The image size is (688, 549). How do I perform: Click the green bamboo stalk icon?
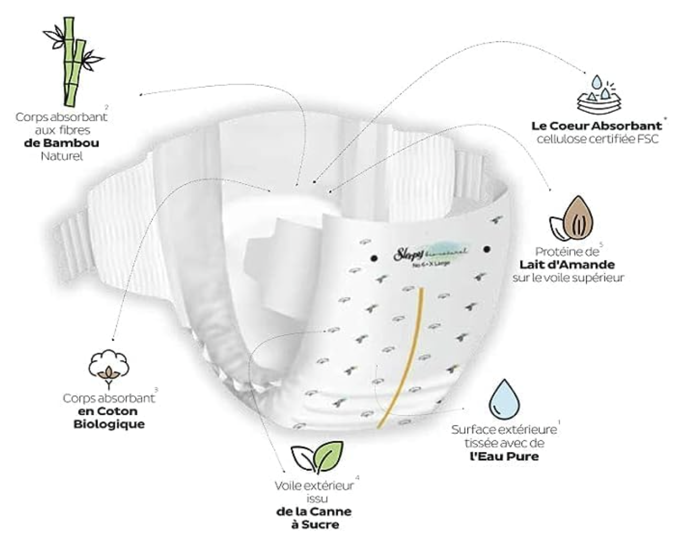[72, 61]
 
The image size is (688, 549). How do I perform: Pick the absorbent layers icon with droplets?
[598, 96]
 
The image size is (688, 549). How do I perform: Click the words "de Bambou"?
[61, 143]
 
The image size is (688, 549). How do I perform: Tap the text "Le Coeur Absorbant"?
[597, 126]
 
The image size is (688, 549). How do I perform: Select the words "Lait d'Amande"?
[567, 264]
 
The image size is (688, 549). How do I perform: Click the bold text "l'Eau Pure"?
[504, 456]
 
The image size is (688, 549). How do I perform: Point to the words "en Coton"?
[108, 411]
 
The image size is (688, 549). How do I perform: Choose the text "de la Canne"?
[314, 512]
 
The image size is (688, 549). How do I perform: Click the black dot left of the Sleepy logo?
[374, 258]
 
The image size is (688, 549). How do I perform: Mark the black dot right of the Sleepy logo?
[487, 249]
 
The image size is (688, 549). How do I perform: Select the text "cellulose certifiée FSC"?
[597, 140]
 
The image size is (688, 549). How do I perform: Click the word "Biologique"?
[109, 424]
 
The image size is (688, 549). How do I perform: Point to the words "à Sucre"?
[315, 525]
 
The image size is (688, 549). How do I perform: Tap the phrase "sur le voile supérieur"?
[568, 277]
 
